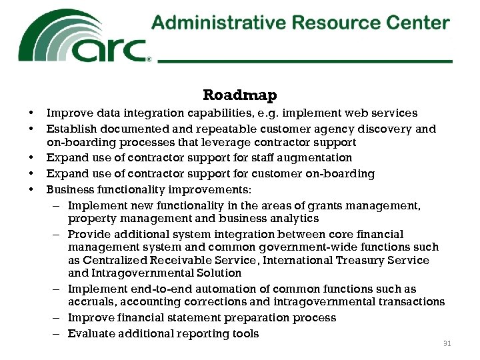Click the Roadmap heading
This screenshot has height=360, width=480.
point(239,96)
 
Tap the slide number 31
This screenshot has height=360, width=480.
point(447,344)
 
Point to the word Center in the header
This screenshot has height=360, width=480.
point(418,23)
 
